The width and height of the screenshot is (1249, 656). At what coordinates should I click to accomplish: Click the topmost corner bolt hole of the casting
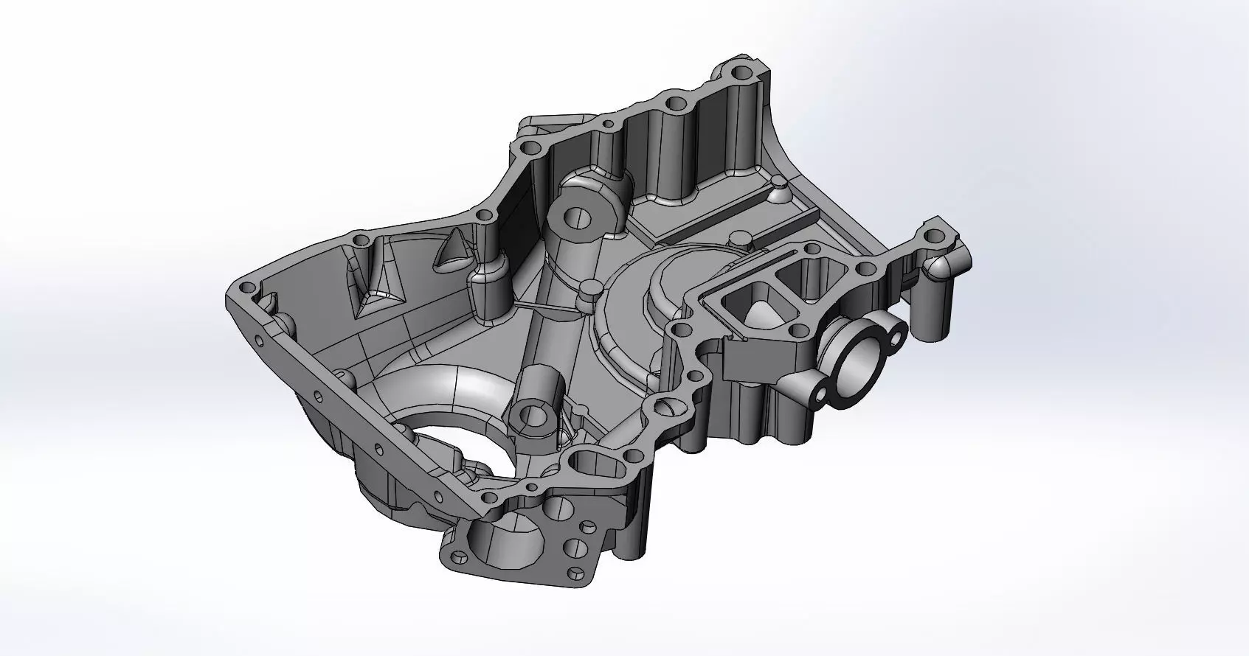(x=741, y=73)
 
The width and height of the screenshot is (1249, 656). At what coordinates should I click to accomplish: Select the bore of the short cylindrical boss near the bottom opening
(x=533, y=416)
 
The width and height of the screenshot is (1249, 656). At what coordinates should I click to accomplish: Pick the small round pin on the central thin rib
(x=589, y=288)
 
